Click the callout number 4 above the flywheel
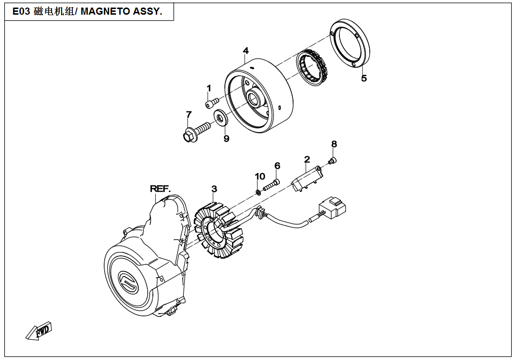point(246,51)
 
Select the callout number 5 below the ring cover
point(364,79)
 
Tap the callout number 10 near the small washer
point(260,177)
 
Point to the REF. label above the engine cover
point(160,189)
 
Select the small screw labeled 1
point(212,102)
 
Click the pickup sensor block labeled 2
point(307,178)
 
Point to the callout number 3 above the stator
point(214,189)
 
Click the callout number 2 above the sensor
point(307,159)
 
